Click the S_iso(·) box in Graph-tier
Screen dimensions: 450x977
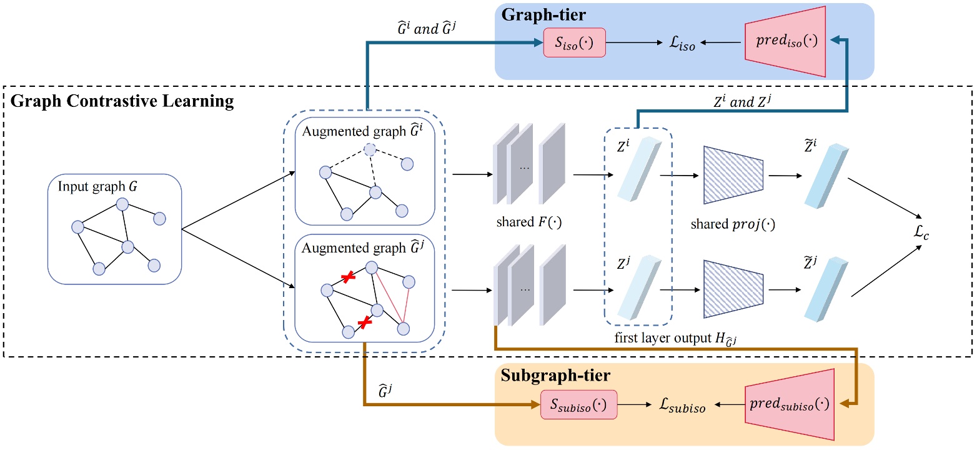575,42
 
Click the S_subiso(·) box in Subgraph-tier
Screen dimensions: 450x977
578,407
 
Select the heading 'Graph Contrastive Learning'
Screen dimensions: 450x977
122,101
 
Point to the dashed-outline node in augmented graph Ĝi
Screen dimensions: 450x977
371,149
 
